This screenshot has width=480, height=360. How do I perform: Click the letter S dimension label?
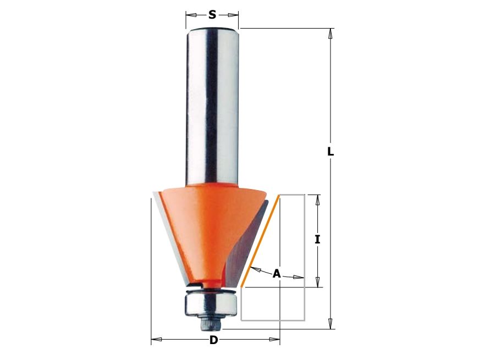(x=212, y=14)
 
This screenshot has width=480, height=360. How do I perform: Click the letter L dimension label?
(x=330, y=151)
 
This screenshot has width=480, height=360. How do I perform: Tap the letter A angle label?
(x=277, y=273)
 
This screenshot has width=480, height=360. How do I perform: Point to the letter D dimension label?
(x=214, y=340)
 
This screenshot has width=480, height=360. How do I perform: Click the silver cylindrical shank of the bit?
(x=212, y=107)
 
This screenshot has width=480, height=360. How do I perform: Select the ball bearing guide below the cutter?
(x=211, y=303)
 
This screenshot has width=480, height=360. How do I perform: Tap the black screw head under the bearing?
(x=211, y=324)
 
